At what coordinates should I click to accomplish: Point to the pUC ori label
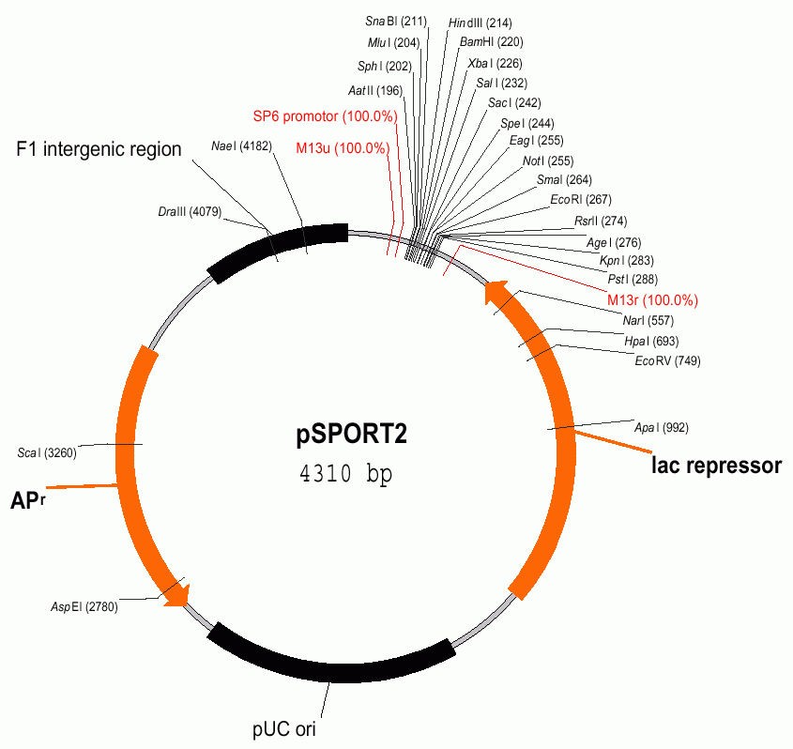[289, 727]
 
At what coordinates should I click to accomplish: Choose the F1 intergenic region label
[99, 149]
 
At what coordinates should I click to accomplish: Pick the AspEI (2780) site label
[84, 607]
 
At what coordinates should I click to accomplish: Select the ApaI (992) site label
[661, 428]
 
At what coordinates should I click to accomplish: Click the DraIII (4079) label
[190, 212]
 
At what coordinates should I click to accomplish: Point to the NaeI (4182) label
[241, 146]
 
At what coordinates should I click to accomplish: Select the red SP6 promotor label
[325, 117]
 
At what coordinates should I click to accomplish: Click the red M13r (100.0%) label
[652, 300]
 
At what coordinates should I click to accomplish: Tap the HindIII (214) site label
[480, 23]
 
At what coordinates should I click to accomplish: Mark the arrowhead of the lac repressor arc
[495, 294]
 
